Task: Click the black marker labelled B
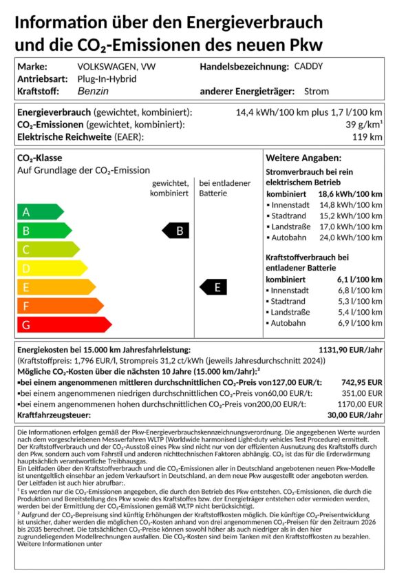(175, 231)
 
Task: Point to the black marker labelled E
(213, 287)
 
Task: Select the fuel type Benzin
(92, 91)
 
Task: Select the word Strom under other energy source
(316, 91)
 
